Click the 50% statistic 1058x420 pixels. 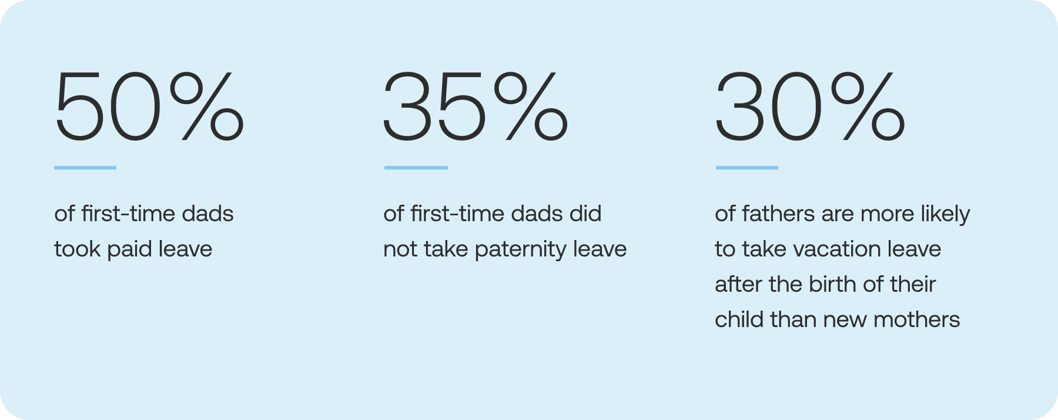click(149, 106)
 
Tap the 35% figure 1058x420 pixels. click(476, 106)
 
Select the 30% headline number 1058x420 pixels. click(810, 106)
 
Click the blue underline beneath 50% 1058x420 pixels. click(85, 168)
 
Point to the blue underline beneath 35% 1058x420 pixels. click(416, 168)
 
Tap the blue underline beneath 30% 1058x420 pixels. click(747, 168)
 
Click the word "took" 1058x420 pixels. click(78, 249)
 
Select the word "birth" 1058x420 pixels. click(832, 284)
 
